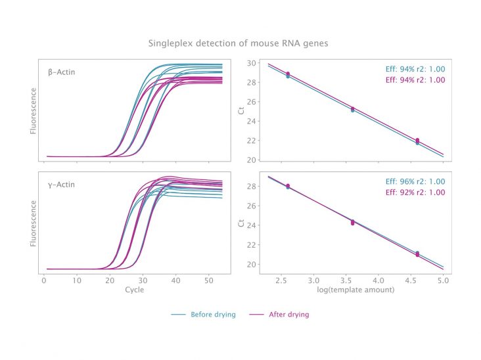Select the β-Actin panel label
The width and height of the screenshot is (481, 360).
(x=61, y=72)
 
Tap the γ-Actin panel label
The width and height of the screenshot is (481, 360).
(x=61, y=185)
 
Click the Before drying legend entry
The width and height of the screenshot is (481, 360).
(x=204, y=314)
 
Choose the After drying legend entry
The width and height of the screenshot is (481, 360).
(x=279, y=314)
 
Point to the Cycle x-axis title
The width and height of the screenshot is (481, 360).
(x=135, y=290)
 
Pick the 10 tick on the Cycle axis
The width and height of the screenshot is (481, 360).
(x=77, y=281)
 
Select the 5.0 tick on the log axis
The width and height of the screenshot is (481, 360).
(x=444, y=281)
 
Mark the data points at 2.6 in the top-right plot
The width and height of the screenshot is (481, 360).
(x=288, y=75)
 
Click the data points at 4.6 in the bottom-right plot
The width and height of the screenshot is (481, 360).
(x=417, y=254)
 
